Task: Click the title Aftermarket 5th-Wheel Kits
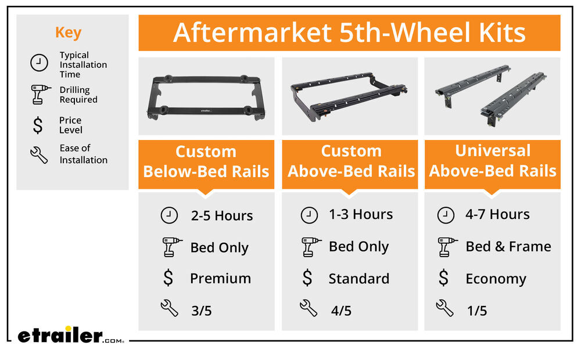pos(349,33)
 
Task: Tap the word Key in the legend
pos(68,33)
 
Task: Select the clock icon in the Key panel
pos(39,63)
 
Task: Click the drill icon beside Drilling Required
pos(40,95)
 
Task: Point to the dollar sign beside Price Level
pos(38,125)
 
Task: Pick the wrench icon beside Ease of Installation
pos(39,155)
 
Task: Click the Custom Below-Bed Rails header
pos(206,162)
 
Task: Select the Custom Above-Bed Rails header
pos(352,161)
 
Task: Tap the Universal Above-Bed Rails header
pos(493,161)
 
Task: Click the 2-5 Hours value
pos(222,215)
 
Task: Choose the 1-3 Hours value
pos(361,214)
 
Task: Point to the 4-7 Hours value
pos(498,214)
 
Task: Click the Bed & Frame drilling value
pos(508,247)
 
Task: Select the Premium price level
pos(220,279)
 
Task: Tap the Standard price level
pos(359,279)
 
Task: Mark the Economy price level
pos(496,279)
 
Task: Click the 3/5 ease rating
pos(202,311)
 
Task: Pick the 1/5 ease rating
pos(477,311)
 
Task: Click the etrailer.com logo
pos(70,335)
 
